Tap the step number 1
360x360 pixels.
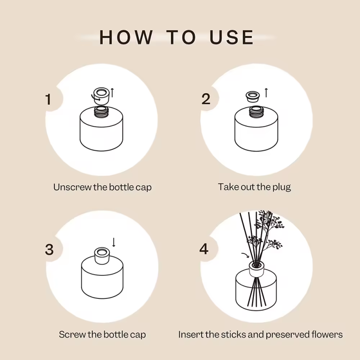(x=49, y=99)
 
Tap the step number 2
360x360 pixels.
(x=206, y=99)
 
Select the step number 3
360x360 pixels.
(x=49, y=249)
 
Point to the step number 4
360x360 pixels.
(x=204, y=249)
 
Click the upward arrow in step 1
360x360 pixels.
(x=112, y=93)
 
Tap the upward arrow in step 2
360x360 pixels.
(x=266, y=93)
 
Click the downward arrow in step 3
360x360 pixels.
(x=114, y=242)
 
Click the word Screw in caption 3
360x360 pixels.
(x=70, y=334)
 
